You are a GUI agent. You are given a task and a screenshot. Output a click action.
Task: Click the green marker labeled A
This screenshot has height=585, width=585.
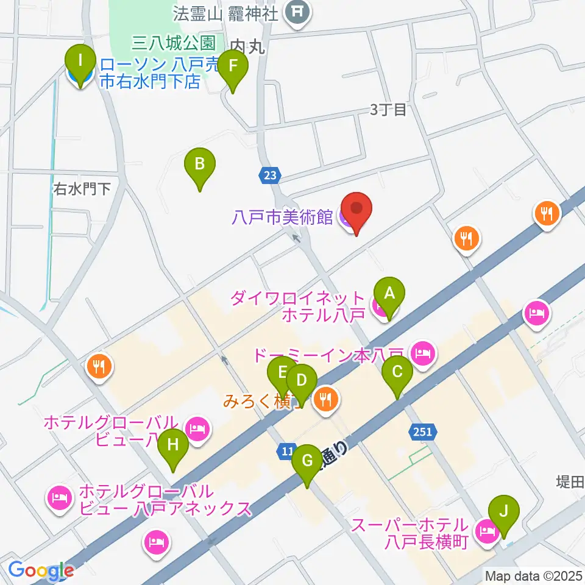tap(389, 295)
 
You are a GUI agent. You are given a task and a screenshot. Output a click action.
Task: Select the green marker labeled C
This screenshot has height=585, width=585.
tap(397, 373)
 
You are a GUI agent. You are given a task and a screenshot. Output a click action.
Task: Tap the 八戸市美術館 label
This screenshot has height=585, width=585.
tap(282, 216)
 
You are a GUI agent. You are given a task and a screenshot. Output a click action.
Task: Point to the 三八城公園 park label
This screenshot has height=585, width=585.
tap(174, 43)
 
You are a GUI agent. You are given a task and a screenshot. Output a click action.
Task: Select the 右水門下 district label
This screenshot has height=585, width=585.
tap(82, 189)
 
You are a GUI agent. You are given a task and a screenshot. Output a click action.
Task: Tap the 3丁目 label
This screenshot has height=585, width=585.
tap(388, 110)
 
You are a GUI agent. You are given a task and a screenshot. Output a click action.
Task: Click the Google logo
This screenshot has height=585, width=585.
tap(40, 570)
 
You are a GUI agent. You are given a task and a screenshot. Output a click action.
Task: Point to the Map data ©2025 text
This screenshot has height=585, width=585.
tap(534, 575)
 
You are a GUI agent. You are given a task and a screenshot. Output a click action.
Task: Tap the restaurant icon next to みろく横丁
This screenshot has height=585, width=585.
tap(327, 399)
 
